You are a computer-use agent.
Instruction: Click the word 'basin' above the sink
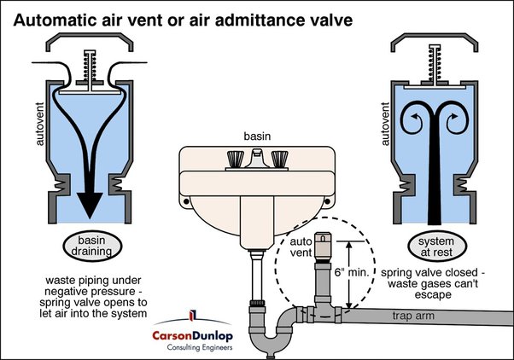[256, 136]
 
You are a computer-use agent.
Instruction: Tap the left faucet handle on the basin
[233, 158]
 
